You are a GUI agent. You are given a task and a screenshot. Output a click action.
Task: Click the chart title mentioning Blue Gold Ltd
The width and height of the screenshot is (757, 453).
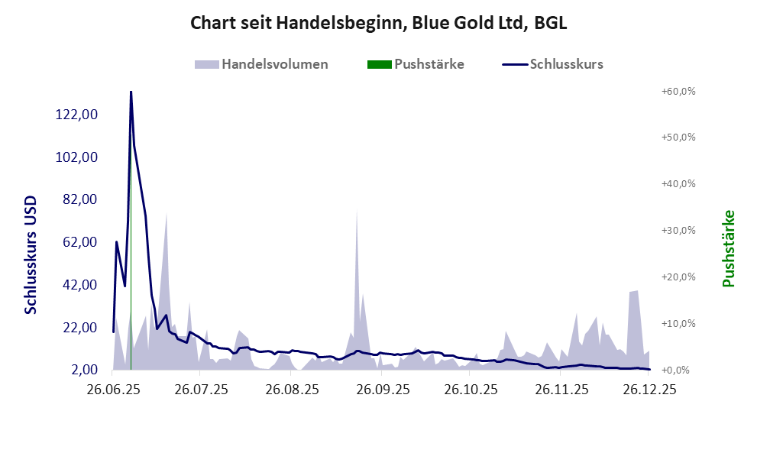tap(378, 24)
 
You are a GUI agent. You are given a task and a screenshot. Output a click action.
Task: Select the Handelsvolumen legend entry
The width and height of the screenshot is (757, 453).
tap(262, 64)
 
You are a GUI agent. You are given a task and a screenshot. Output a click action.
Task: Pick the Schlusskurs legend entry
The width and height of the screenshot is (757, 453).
tap(553, 64)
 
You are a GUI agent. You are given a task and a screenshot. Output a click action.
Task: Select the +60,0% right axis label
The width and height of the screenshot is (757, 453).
tap(678, 91)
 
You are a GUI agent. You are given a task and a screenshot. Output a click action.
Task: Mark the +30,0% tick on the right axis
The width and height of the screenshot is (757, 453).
tap(678, 230)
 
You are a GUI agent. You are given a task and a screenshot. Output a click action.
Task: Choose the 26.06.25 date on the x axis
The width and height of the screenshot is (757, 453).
tap(113, 389)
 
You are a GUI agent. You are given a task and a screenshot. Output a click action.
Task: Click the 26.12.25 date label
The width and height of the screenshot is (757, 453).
tap(649, 389)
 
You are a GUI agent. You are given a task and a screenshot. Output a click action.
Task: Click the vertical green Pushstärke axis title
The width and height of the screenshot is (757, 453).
tap(728, 248)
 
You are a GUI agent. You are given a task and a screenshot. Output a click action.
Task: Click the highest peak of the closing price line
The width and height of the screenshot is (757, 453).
tap(131, 92)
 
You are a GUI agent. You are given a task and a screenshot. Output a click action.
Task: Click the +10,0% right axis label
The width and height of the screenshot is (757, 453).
tap(678, 323)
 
